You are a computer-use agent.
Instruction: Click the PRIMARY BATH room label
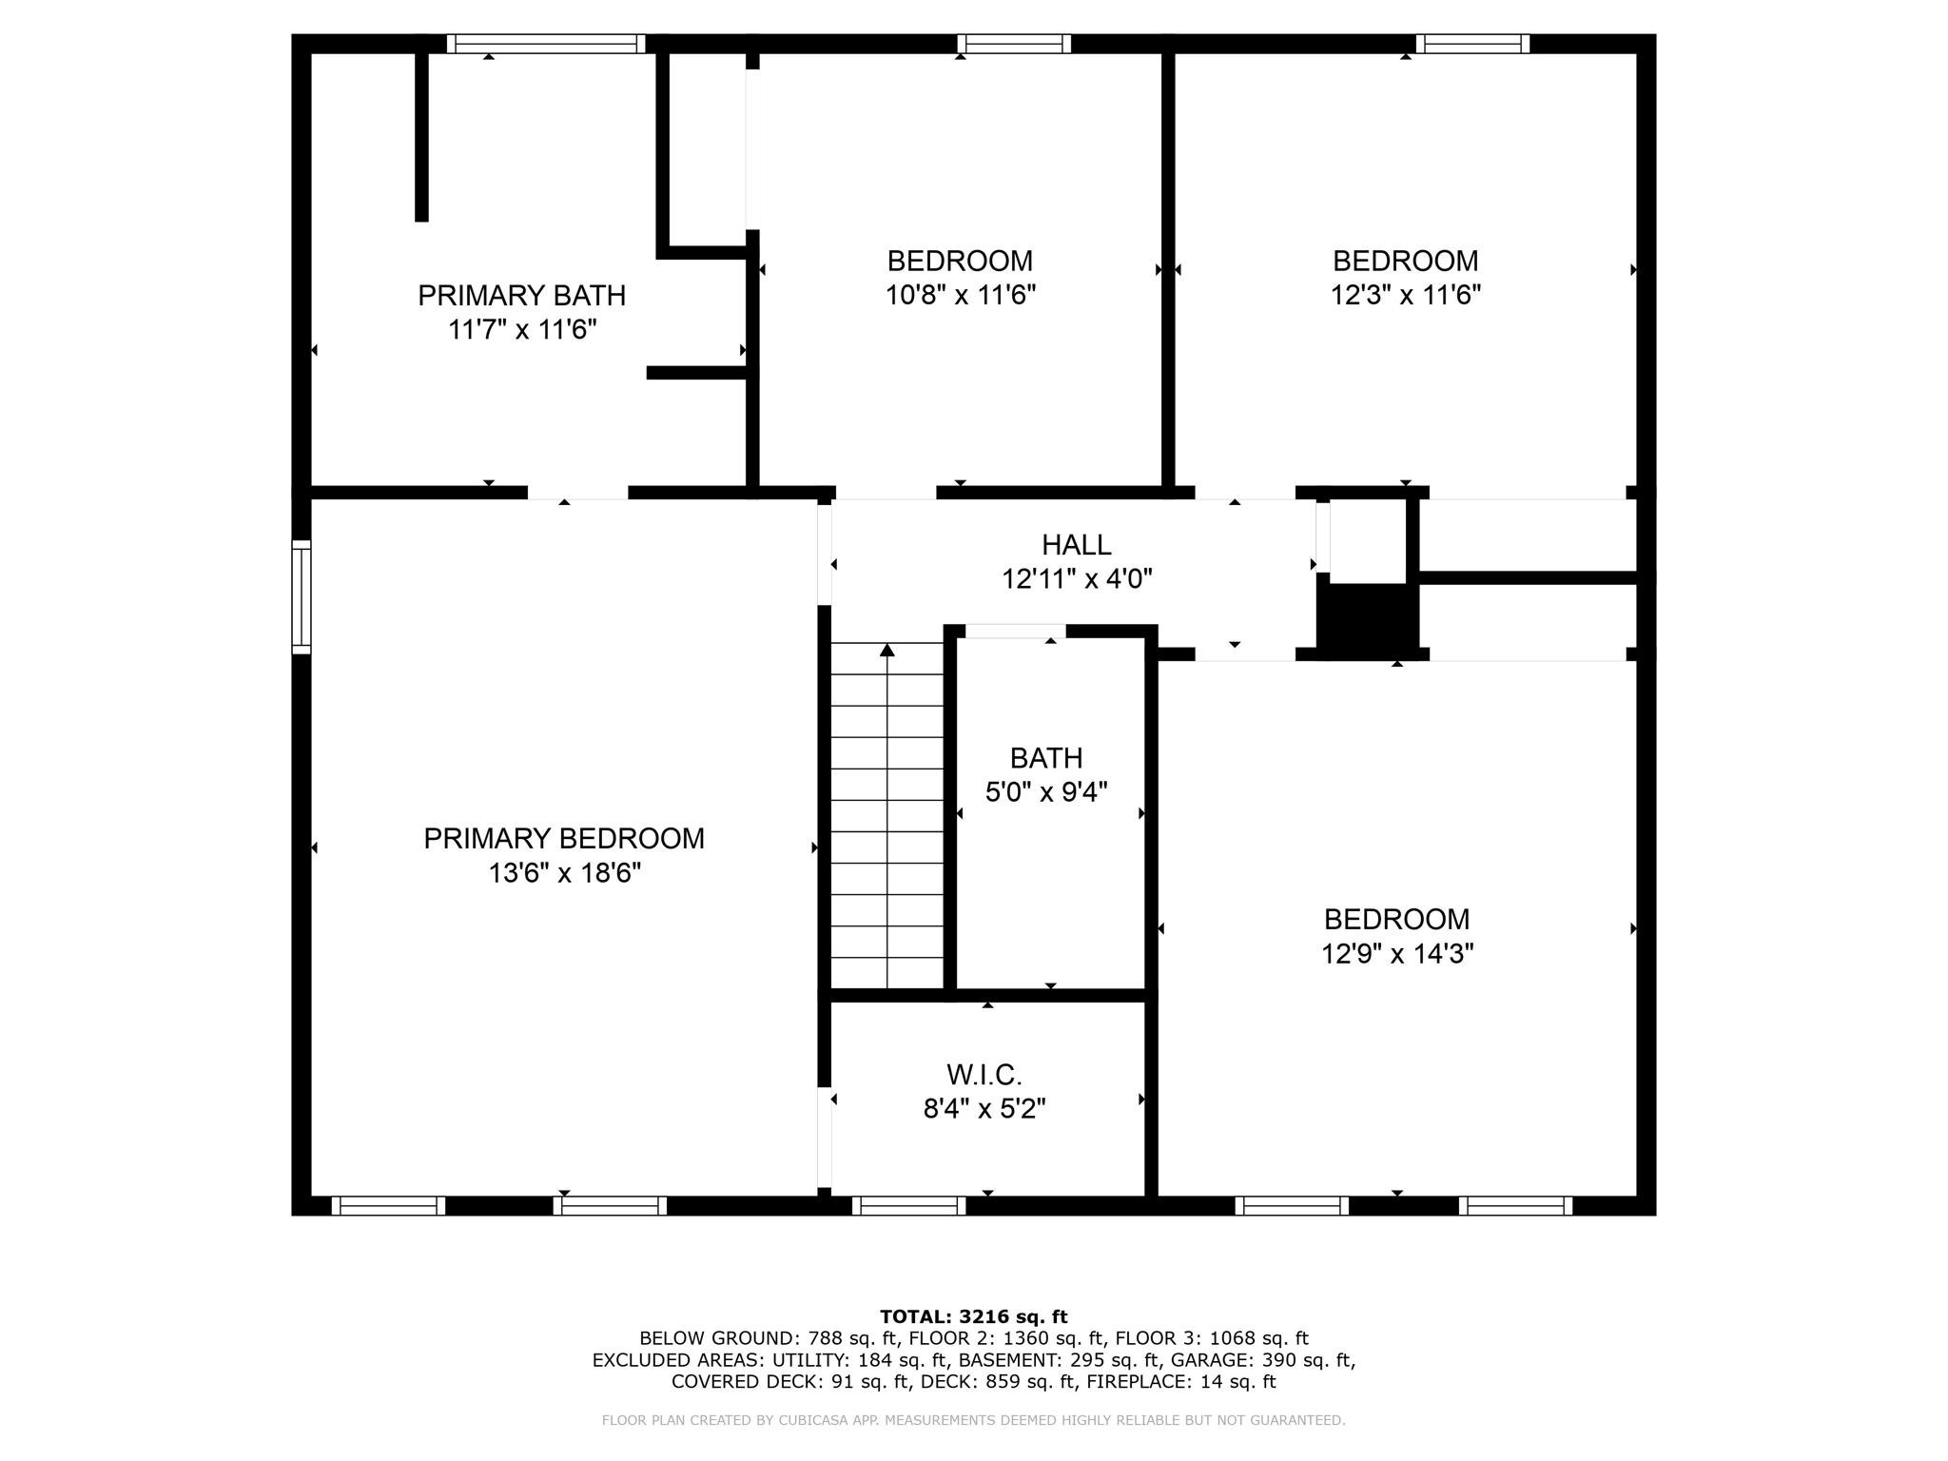click(x=521, y=296)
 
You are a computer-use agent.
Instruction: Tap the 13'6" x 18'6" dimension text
click(x=564, y=873)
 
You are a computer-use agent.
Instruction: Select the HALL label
click(x=1076, y=545)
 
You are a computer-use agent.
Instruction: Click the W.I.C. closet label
click(x=984, y=1076)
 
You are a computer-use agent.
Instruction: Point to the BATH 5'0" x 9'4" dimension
click(x=1046, y=792)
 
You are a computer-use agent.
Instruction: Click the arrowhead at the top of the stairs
click(x=887, y=651)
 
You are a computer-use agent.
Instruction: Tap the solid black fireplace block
click(x=1367, y=618)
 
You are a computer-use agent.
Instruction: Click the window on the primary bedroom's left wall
click(x=301, y=597)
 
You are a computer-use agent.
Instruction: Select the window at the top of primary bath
click(x=546, y=44)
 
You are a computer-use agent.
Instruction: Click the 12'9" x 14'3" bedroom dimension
click(x=1396, y=954)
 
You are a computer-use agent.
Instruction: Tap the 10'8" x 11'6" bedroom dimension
click(x=960, y=295)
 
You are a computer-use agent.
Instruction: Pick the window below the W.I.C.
click(x=908, y=1206)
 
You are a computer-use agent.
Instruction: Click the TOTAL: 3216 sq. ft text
click(x=973, y=1317)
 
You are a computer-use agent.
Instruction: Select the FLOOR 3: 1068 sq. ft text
click(x=1212, y=1339)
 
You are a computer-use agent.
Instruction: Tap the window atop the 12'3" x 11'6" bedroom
click(x=1472, y=44)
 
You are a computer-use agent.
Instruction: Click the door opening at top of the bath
click(x=1015, y=632)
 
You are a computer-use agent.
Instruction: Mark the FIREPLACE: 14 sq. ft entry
click(x=1180, y=1382)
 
